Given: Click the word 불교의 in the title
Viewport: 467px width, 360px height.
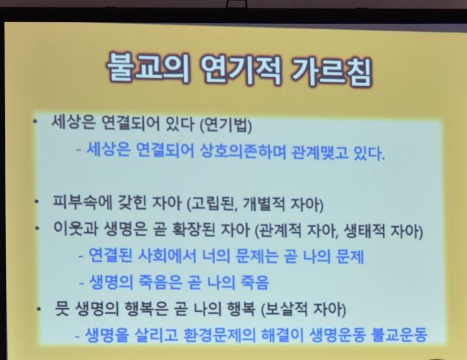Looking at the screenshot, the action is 148,67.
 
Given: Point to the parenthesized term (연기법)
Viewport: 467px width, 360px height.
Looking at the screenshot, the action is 226,125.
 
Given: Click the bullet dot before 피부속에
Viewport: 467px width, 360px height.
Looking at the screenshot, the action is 36,202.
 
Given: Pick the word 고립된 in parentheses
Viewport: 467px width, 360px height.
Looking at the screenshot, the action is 211,204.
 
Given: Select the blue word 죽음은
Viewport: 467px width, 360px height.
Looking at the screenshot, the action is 160,282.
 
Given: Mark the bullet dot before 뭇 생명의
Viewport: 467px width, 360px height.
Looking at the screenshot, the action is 39,309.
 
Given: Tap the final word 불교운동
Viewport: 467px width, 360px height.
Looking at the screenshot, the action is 399,335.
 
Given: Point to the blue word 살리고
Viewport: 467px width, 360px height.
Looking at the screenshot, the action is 157,335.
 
